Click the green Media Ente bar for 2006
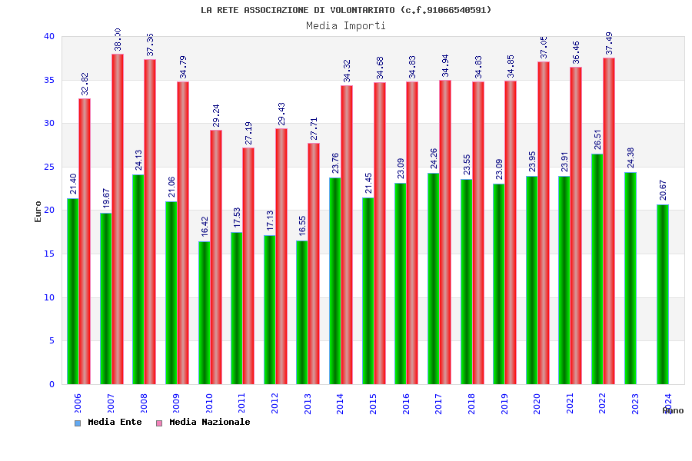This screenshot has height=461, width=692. (x=72, y=291)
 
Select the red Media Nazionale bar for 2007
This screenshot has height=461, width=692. (x=118, y=219)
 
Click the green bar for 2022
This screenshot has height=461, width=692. (x=597, y=269)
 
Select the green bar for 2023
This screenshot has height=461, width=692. (x=630, y=278)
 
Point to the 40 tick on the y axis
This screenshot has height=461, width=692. (x=49, y=36)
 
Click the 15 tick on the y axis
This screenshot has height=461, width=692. (x=49, y=254)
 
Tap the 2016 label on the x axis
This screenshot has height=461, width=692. (x=406, y=404)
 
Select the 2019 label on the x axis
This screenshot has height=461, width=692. (x=504, y=404)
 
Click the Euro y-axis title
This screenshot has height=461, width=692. (x=38, y=211)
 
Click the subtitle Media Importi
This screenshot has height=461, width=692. (x=346, y=25)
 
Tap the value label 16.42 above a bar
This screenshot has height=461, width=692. (x=205, y=227)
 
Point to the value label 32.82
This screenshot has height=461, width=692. (x=85, y=84)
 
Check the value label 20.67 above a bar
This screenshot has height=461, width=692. (x=663, y=190)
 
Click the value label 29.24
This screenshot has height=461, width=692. (x=216, y=115)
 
